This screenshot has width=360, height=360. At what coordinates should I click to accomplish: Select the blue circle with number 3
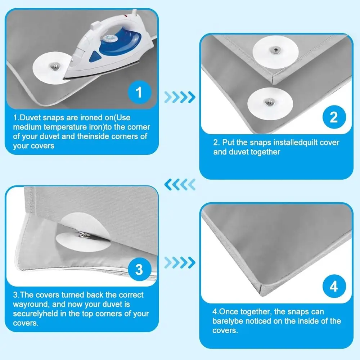tap(139, 269)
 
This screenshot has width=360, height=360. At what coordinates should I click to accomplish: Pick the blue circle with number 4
tap(333, 287)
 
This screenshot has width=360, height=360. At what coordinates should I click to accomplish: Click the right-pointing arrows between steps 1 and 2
tap(180, 96)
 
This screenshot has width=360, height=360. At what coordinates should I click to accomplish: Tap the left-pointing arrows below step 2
tap(180, 185)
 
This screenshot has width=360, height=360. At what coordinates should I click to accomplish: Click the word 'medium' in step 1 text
tap(28, 127)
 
